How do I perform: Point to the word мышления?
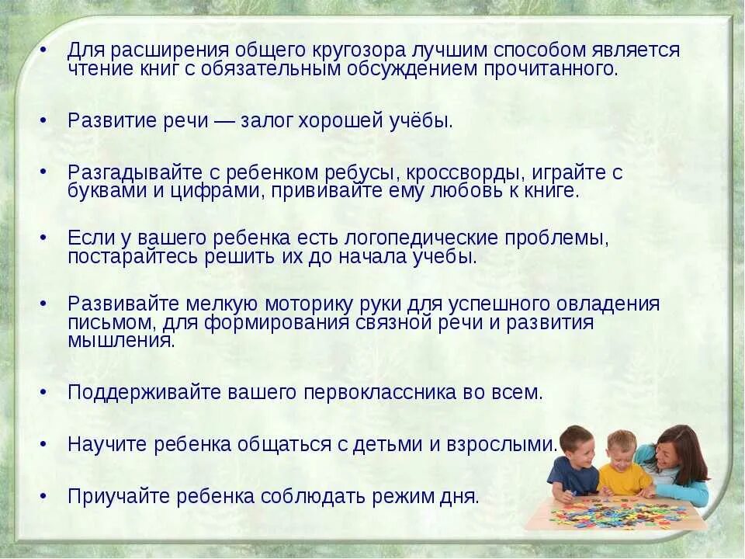tap(120, 340)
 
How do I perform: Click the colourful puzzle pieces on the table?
tap(612, 512)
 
